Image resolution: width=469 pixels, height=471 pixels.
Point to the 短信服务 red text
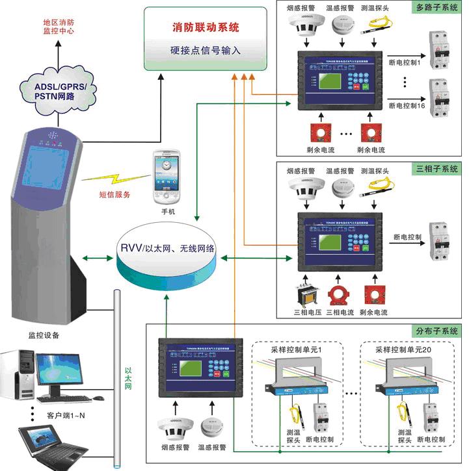115,194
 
